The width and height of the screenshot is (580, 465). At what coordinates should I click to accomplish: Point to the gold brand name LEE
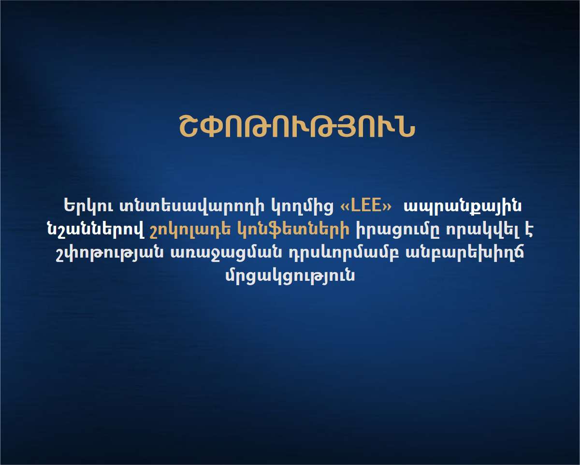pyautogui.click(x=366, y=205)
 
